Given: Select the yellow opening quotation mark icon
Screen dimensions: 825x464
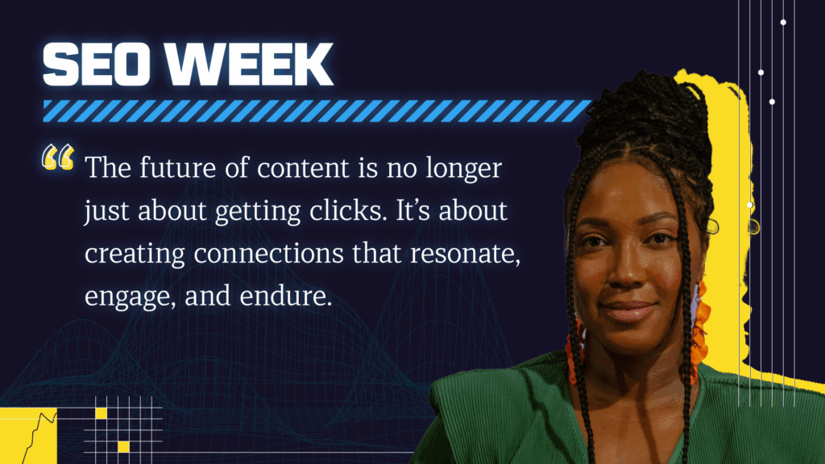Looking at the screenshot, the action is click(58, 157).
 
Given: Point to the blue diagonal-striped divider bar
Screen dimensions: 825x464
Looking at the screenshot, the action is click(317, 110).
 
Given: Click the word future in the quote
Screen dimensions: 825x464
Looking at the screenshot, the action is click(178, 168).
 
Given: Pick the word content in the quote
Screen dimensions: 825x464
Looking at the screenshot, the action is click(303, 168).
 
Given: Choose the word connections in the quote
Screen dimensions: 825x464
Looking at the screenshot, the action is click(268, 254).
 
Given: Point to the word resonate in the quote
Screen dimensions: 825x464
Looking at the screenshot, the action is click(465, 255).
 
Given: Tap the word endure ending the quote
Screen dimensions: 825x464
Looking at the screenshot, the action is click(286, 296).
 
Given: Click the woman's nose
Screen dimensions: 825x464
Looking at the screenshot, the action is click(628, 267).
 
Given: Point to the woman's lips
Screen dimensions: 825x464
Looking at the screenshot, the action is click(629, 310).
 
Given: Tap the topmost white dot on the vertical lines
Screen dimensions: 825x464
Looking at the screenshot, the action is click(783, 22).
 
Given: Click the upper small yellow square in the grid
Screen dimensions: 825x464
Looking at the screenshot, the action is click(101, 413).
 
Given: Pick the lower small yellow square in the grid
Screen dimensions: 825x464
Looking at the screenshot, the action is click(123, 447).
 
